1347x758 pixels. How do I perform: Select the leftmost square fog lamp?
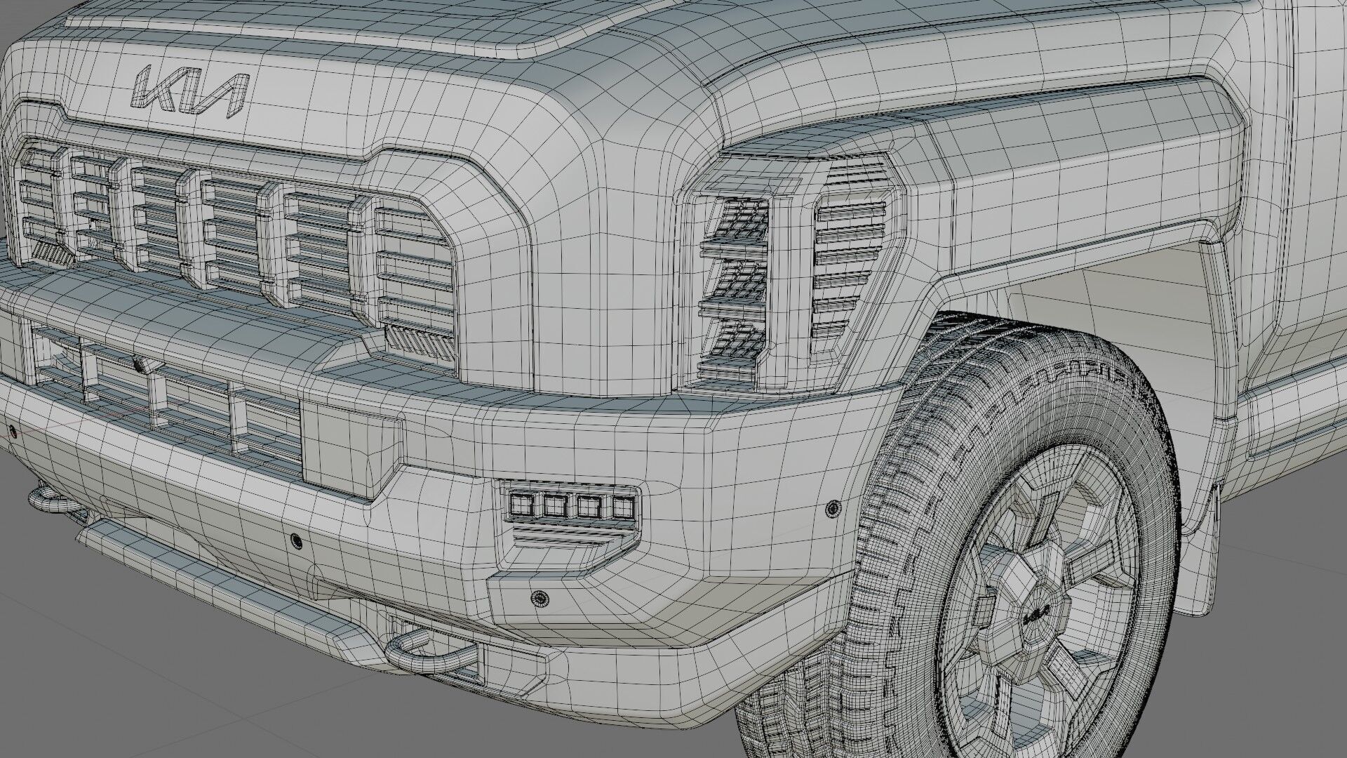coord(521,503)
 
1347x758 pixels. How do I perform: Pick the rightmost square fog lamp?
coord(622,507)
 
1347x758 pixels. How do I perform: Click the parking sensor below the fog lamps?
coord(540,597)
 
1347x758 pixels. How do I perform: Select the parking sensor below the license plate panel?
coord(296,540)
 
